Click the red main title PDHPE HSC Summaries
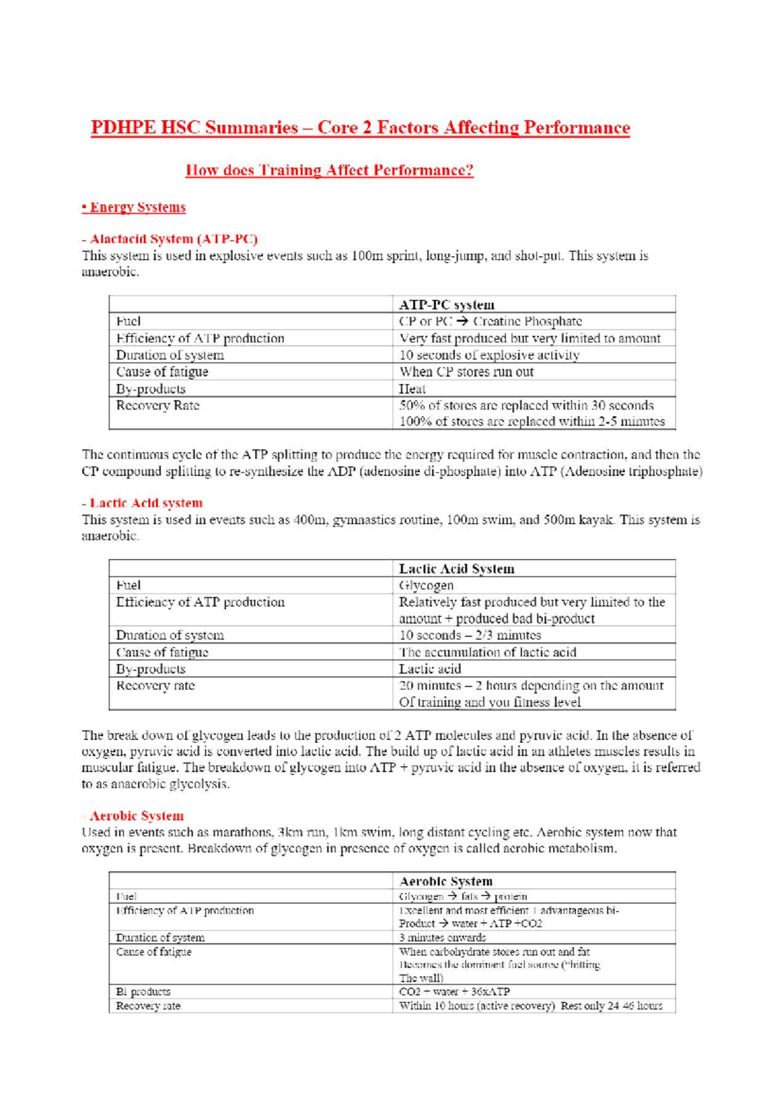tap(360, 127)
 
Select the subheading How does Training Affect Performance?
tap(329, 170)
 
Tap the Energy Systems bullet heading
tap(134, 207)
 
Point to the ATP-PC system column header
tap(446, 305)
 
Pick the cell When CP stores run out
tap(466, 372)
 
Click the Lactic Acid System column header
tap(456, 569)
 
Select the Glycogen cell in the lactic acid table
tap(426, 586)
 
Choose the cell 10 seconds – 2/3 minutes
tap(469, 635)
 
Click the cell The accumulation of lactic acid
tap(487, 652)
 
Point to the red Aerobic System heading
tap(136, 816)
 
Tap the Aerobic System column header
tap(446, 881)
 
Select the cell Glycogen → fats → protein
tap(463, 897)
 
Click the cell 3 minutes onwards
tap(442, 938)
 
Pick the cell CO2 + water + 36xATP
tap(454, 992)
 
